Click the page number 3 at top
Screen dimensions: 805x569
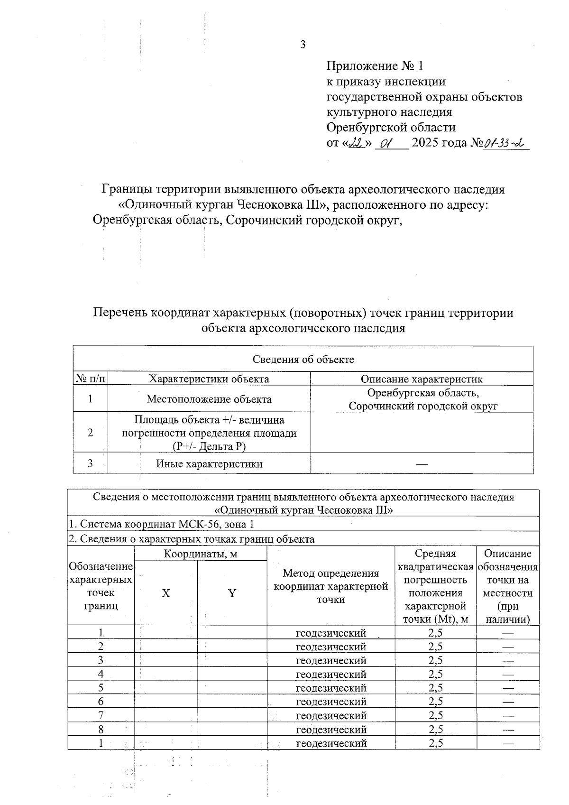(x=303, y=45)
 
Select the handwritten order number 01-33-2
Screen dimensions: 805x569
(x=505, y=143)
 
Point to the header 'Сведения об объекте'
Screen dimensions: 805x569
(x=303, y=359)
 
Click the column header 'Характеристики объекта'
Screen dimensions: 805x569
(x=209, y=379)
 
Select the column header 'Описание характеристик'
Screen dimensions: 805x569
(x=422, y=379)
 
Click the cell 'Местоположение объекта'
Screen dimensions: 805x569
(x=209, y=399)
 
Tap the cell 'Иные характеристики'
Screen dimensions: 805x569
(x=209, y=463)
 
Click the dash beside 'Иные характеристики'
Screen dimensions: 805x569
(x=422, y=464)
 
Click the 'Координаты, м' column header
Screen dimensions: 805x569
(x=201, y=554)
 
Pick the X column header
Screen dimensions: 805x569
(x=166, y=593)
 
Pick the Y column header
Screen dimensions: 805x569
(x=232, y=593)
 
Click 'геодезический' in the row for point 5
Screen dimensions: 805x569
(x=331, y=688)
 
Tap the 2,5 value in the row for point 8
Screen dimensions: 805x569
(x=435, y=729)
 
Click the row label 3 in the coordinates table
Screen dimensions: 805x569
(x=101, y=660)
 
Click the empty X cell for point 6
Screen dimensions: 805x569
(x=166, y=702)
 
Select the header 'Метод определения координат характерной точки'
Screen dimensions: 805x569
(x=331, y=586)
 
